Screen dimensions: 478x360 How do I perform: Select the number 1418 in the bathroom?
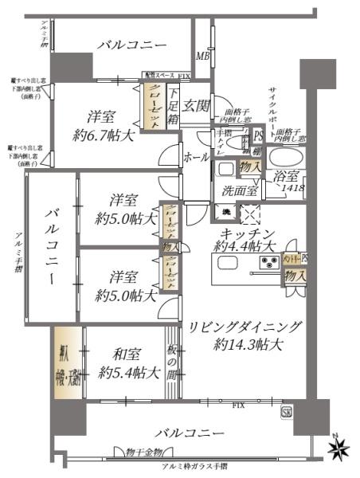[x=292, y=189]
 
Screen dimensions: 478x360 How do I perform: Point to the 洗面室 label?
[x=240, y=190]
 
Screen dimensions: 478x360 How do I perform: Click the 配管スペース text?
[x=159, y=76]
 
